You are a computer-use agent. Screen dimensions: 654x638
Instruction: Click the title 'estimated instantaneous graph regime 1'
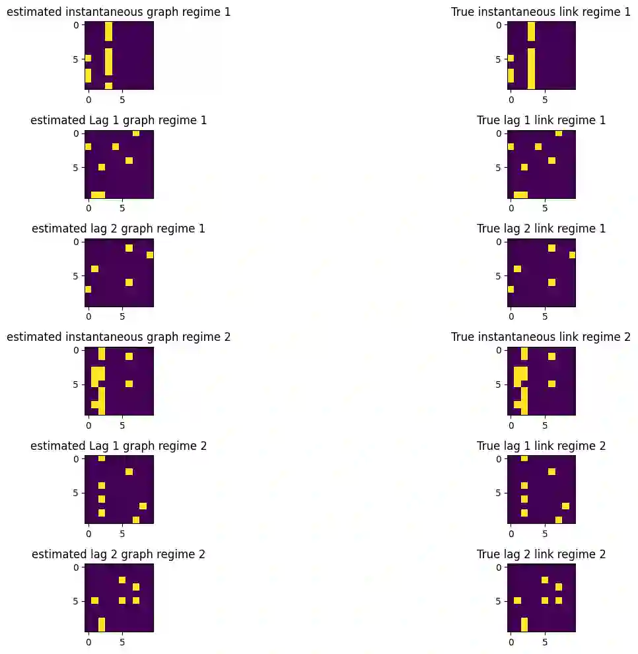click(119, 12)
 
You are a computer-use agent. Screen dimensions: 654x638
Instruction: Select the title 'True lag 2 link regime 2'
click(541, 554)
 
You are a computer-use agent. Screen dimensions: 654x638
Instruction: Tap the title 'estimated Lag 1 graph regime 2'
click(119, 445)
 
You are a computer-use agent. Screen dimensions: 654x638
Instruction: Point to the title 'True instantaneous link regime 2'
click(541, 337)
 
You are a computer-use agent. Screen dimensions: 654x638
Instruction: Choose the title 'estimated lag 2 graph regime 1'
click(119, 229)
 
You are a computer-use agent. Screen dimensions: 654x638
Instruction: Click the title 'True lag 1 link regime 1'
click(541, 120)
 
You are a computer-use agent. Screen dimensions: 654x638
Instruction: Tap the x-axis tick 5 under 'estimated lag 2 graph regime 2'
click(122, 640)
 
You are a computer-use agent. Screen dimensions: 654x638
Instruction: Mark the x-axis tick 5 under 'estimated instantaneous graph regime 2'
click(122, 423)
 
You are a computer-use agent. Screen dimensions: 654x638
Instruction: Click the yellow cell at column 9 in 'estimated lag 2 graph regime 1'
click(150, 255)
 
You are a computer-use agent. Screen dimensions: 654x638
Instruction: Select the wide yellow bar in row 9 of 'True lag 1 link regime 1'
click(520, 194)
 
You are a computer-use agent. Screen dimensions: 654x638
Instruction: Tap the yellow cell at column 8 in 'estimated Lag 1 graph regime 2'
click(143, 506)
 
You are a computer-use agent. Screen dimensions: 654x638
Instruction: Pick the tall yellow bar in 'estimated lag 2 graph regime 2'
click(102, 624)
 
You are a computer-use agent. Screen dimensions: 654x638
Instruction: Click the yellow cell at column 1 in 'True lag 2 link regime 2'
click(517, 600)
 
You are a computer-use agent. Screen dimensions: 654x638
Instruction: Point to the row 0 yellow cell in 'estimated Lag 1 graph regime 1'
click(136, 133)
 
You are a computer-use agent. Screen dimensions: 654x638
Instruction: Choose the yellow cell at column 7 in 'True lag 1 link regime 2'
click(558, 519)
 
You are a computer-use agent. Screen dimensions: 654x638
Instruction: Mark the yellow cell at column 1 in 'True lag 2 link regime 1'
click(517, 269)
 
